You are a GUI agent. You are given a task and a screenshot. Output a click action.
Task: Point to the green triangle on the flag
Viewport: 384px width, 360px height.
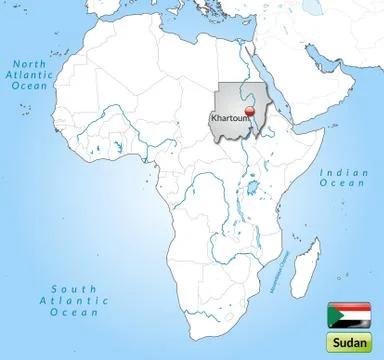click(332, 314)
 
